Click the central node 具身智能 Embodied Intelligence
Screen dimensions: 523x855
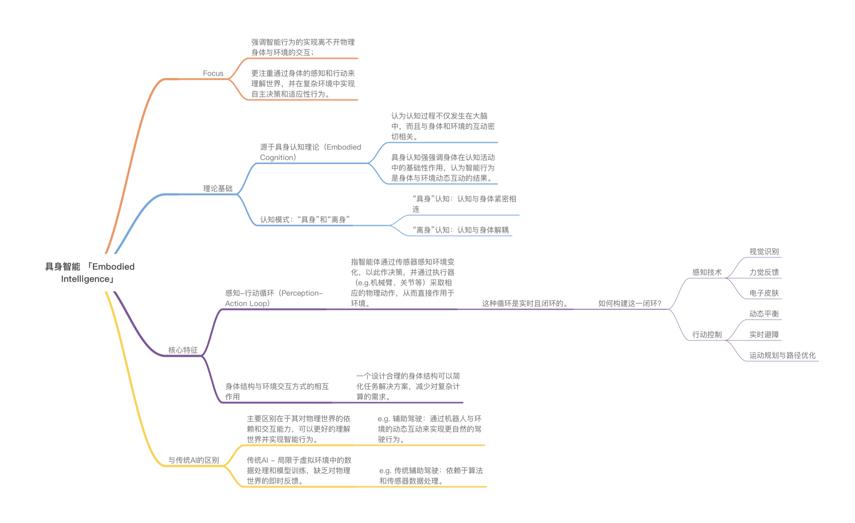(90, 272)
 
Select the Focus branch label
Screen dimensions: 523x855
(213, 73)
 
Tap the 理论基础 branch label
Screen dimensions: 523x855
(217, 189)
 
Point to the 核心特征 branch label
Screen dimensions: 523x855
(183, 350)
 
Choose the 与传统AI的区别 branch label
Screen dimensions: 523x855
(193, 460)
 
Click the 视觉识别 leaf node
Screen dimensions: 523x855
(764, 252)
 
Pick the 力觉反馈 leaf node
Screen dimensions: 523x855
(764, 272)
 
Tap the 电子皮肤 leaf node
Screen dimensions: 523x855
(764, 293)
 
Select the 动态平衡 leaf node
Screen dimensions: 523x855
(764, 314)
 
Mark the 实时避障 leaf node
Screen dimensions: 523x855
(764, 335)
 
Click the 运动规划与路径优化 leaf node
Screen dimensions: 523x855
(782, 355)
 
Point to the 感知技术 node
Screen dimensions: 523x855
(707, 272)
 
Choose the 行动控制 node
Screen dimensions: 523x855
(707, 335)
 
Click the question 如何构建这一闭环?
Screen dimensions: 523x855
(629, 303)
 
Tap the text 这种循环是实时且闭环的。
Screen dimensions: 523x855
(525, 303)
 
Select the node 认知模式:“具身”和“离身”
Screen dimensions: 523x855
(305, 219)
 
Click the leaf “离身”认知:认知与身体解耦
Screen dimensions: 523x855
(460, 230)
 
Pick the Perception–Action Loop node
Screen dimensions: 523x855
(274, 298)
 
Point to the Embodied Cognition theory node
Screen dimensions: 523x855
(310, 152)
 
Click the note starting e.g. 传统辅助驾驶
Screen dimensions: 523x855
(431, 476)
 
